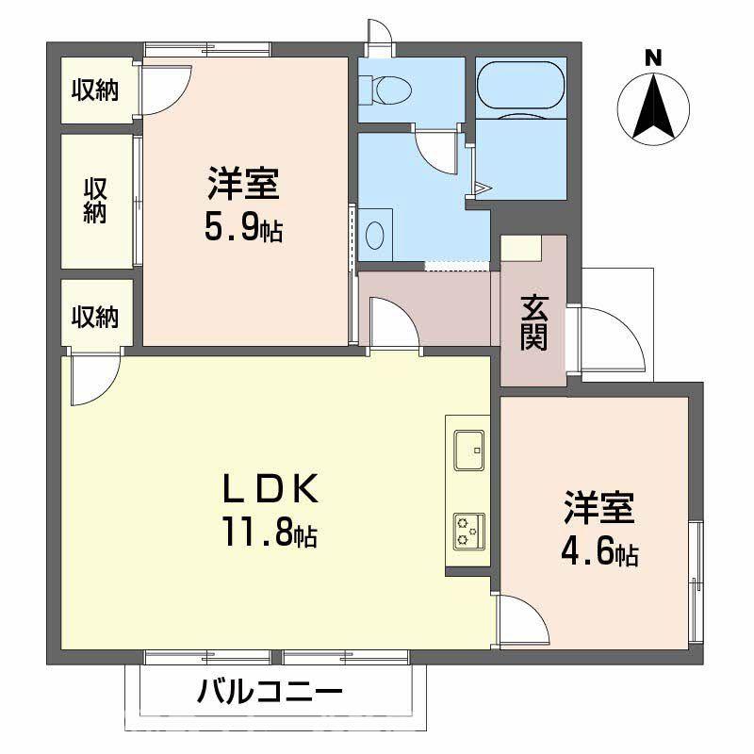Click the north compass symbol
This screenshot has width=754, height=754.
pyautogui.click(x=652, y=109)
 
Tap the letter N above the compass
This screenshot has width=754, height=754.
pyautogui.click(x=652, y=58)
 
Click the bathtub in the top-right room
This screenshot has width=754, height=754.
pyautogui.click(x=520, y=88)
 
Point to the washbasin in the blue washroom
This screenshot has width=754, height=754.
pyautogui.click(x=374, y=234)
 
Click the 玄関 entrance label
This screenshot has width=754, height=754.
pyautogui.click(x=533, y=322)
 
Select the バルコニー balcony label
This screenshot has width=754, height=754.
pyautogui.click(x=269, y=696)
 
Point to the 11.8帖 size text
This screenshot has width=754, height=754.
pyautogui.click(x=268, y=535)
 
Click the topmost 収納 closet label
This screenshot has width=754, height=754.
pyautogui.click(x=95, y=90)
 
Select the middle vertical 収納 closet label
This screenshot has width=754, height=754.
pyautogui.click(x=95, y=199)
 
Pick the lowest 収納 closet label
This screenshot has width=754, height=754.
pyautogui.click(x=95, y=317)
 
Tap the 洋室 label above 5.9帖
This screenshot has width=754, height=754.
pyautogui.click(x=243, y=183)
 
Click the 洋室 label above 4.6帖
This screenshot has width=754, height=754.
pyautogui.click(x=599, y=509)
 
